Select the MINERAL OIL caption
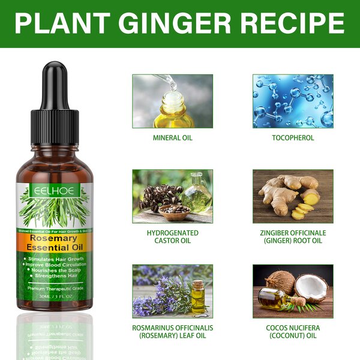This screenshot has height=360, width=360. tap(172, 137)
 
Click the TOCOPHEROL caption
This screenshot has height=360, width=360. tap(293, 137)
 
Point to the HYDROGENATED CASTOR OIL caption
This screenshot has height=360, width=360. tap(172, 236)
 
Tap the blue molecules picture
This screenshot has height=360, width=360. tap(293, 101)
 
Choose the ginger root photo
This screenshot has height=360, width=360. tap(293, 196)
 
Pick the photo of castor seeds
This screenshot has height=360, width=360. tap(172, 196)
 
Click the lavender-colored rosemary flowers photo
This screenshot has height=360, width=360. tap(172, 291)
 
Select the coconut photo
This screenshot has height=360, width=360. tap(293, 291)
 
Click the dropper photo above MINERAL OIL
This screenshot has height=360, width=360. tap(172, 101)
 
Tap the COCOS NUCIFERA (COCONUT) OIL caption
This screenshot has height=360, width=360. tap(293, 332)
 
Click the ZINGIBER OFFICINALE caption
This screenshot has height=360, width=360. tap(293, 236)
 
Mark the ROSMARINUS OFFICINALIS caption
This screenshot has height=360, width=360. tap(172, 332)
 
